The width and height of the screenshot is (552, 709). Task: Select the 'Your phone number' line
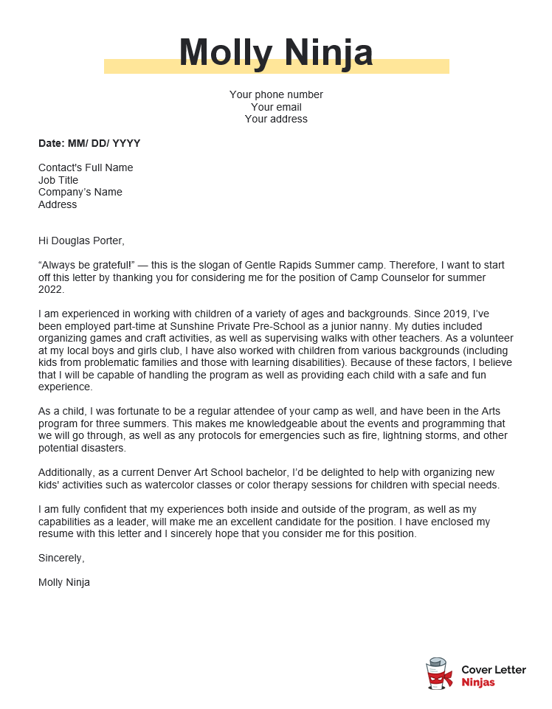tap(276, 94)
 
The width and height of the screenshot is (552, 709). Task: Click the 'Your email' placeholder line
tap(276, 107)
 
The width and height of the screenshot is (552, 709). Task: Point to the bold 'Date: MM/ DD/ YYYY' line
tap(89, 143)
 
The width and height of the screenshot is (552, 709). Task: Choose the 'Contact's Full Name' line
tap(86, 167)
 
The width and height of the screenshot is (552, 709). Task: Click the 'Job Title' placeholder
tap(58, 180)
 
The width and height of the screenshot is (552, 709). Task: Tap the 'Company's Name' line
tap(80, 192)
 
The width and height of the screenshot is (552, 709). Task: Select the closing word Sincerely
tap(61, 558)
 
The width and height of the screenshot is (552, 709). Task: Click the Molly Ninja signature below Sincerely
tap(64, 582)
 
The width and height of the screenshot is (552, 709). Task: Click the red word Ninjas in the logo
tap(478, 682)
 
